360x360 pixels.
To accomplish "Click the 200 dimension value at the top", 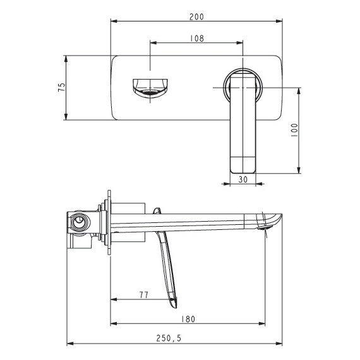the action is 196,17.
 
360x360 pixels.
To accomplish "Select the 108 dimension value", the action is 197,39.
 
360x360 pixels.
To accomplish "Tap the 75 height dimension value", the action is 62,87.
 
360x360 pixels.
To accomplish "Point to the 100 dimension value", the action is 294,130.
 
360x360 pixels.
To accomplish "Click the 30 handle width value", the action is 243,179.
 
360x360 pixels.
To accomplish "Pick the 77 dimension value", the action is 144,295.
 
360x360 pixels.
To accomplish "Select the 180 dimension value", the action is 188,319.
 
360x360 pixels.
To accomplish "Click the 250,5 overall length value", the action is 169,338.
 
